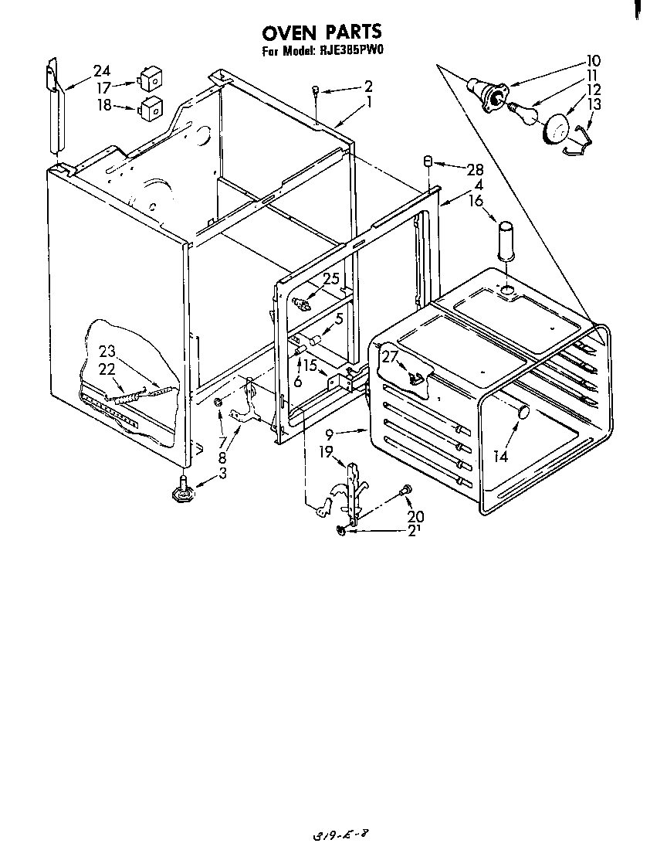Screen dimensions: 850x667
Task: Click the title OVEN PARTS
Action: tap(322, 32)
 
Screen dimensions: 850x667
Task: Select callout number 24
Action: tap(102, 71)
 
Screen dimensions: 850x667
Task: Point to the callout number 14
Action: tap(500, 456)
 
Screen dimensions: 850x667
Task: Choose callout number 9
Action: tap(329, 435)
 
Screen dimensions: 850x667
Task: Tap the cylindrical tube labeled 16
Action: tap(505, 241)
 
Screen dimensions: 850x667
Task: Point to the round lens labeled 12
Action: tap(555, 127)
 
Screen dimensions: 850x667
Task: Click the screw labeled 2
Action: tap(317, 93)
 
